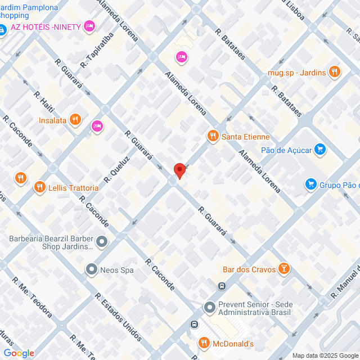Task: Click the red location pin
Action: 179,170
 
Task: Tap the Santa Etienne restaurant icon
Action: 213,136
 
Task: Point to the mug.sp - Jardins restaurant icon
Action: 335,71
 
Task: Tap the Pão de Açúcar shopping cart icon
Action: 320,149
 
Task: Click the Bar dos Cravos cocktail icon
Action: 285,269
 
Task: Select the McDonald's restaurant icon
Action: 203,343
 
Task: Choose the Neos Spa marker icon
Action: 91,270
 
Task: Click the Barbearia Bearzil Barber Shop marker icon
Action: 102,242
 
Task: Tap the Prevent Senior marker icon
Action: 209,308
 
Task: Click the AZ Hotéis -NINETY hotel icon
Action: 89,26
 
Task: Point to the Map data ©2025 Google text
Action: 325,355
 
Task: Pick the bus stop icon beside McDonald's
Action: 194,325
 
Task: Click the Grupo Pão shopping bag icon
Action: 310,184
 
